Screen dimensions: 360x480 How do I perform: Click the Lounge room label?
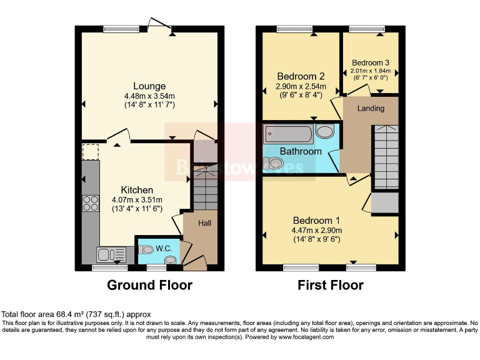[x=149, y=86]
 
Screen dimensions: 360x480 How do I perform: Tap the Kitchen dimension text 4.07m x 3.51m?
[x=137, y=200]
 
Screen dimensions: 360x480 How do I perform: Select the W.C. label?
[x=164, y=248]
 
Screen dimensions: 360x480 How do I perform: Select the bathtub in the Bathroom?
[x=288, y=133]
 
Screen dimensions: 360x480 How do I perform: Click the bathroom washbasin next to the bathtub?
[x=325, y=132]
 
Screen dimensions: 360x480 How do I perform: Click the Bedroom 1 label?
[x=317, y=221]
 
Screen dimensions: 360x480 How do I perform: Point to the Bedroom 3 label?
[x=371, y=62]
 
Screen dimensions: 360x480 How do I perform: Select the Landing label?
[x=371, y=108]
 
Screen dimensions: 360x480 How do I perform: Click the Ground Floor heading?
[x=149, y=285]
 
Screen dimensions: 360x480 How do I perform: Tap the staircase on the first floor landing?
[x=386, y=156]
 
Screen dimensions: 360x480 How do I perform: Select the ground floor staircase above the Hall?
[x=204, y=187]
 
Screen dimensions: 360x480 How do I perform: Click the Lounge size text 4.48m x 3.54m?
[x=149, y=96]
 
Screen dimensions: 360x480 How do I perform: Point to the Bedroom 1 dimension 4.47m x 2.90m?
[x=317, y=231]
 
